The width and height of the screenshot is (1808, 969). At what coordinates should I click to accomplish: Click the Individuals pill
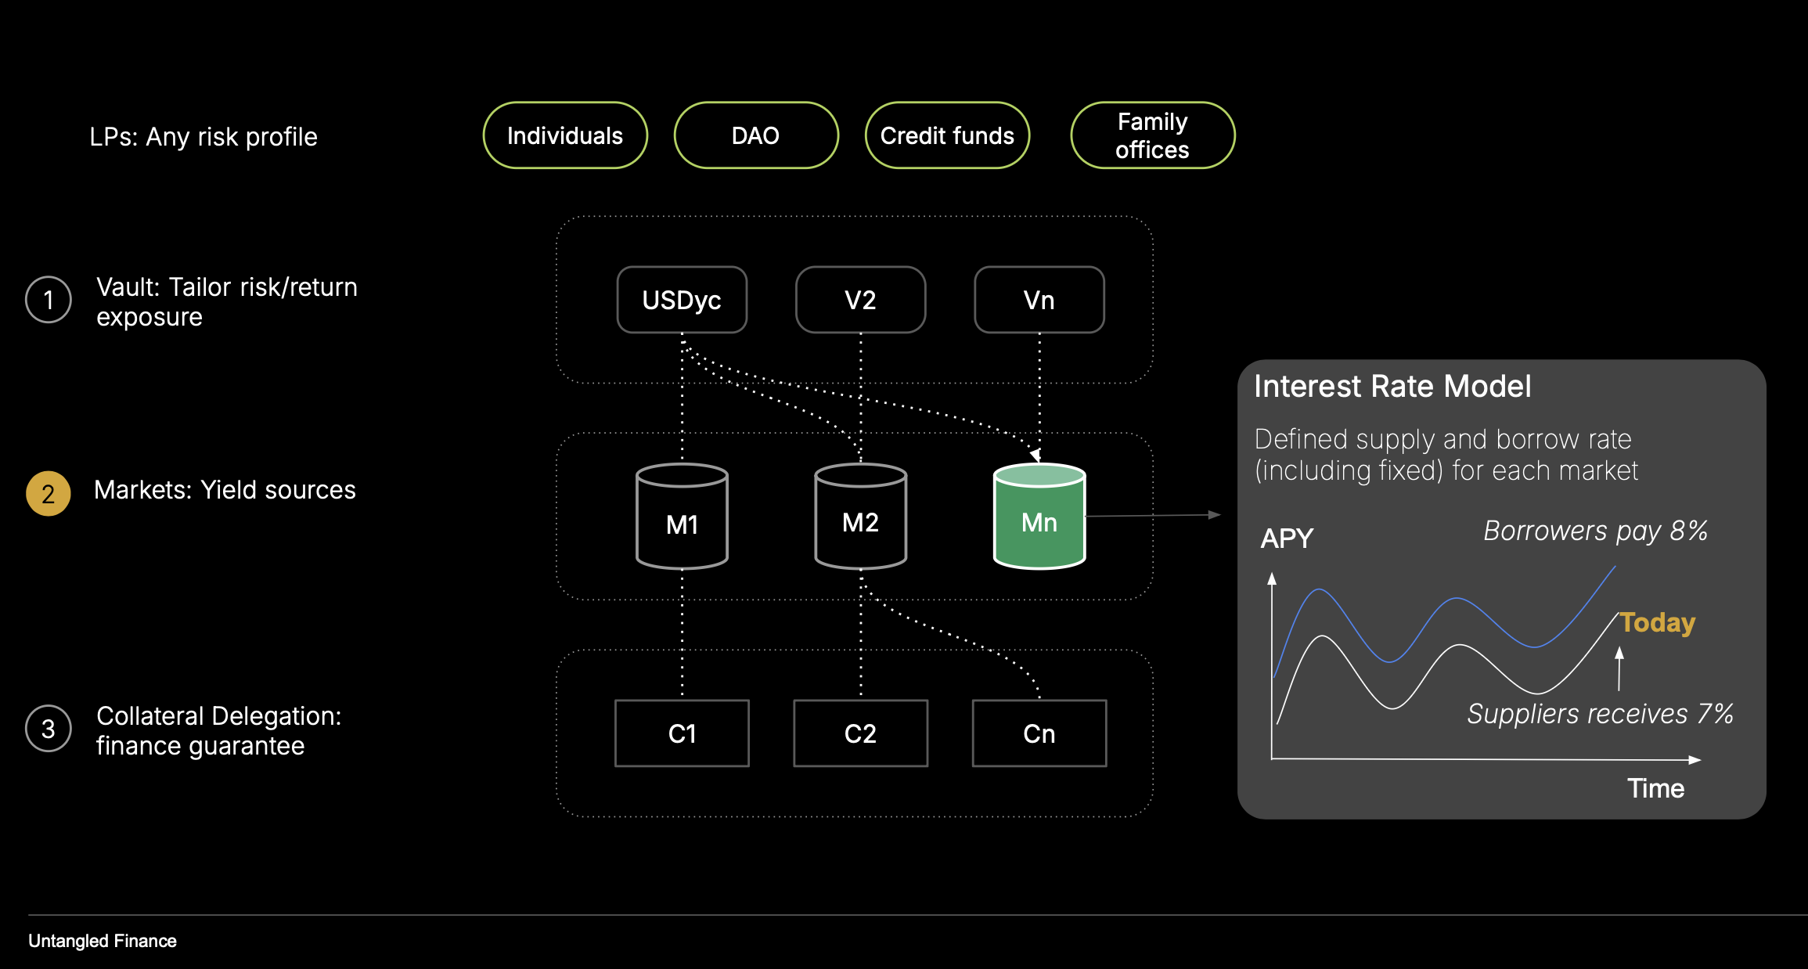tap(565, 135)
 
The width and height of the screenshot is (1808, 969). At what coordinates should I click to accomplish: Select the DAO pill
tap(755, 135)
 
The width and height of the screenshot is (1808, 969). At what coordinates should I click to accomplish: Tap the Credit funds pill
tap(947, 135)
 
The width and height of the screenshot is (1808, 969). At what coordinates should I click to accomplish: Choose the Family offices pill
tap(1152, 135)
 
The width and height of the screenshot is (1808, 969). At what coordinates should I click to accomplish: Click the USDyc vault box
tap(682, 300)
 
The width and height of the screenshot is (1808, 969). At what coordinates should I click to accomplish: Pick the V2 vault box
tap(860, 300)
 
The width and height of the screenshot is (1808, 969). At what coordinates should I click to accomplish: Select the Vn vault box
tap(1039, 300)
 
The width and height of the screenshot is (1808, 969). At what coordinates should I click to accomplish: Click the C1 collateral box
tap(682, 733)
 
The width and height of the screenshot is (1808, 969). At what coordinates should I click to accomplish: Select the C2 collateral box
tap(860, 733)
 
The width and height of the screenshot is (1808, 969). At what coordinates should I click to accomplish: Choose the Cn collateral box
tap(1039, 733)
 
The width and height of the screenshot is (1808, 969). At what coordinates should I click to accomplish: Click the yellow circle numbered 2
tap(49, 494)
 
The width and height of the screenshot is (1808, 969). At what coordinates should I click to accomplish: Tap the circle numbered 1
tap(49, 300)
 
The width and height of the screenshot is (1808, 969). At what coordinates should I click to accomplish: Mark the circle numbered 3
tap(49, 729)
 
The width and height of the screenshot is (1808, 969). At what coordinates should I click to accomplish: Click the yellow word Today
tap(1657, 622)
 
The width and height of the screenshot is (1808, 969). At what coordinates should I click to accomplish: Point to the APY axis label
tap(1287, 539)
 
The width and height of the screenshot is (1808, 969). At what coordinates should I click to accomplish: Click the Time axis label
tap(1655, 788)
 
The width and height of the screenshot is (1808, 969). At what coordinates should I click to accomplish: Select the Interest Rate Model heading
tap(1392, 387)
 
